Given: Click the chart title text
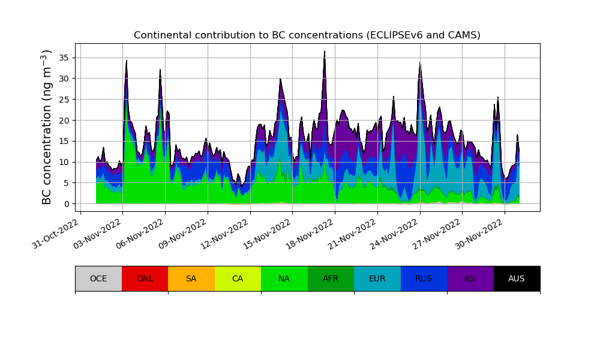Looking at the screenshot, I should [307, 35].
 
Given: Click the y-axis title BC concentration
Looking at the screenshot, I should [46, 127].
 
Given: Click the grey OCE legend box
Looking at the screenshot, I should [98, 278].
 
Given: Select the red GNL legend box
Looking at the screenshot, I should [145, 278].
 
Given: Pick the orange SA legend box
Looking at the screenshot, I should [191, 278].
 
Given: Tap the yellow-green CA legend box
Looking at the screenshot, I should [238, 278].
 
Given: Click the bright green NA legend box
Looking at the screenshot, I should [284, 278].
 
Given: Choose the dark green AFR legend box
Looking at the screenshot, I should [331, 278].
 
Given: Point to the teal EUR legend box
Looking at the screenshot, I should [377, 278].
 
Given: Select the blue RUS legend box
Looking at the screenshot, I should [424, 278].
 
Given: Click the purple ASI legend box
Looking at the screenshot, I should [470, 278].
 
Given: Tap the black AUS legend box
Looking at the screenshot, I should [517, 278].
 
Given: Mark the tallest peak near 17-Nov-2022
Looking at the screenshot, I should [325, 52].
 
